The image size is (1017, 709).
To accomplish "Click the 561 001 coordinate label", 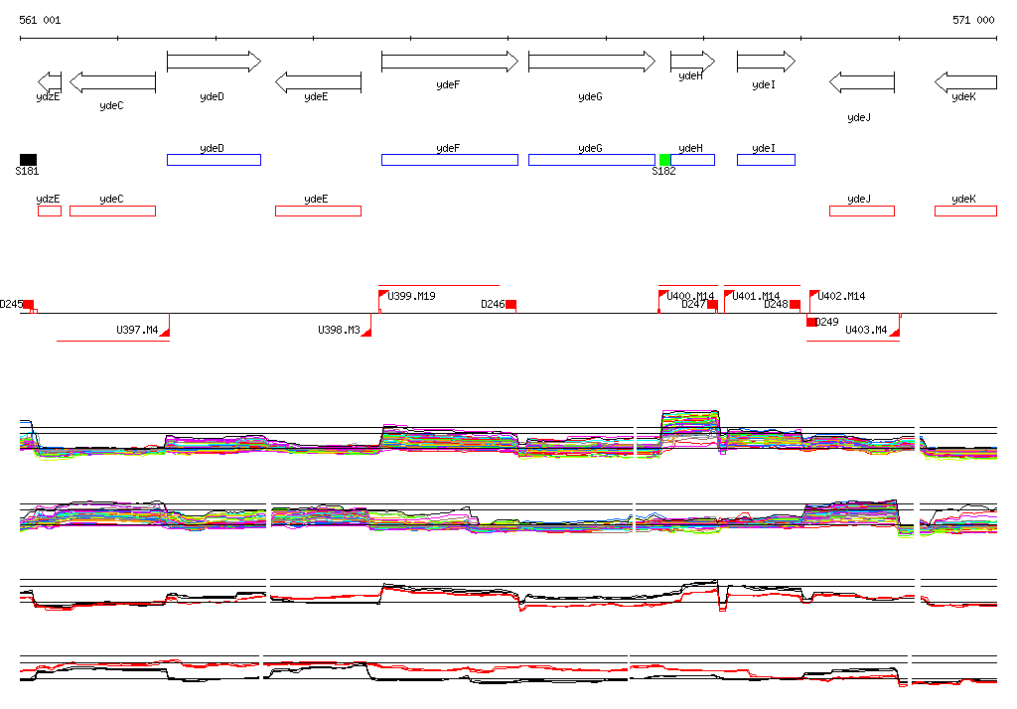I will (x=40, y=20).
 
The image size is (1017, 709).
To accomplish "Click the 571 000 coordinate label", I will (x=972, y=20).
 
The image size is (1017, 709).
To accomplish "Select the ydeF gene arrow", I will (x=449, y=62).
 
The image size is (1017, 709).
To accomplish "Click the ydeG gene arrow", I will (x=591, y=62).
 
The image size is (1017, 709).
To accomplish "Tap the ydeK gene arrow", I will (x=964, y=81).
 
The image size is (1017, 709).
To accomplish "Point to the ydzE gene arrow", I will (x=49, y=81).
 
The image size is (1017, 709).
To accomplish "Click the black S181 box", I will (x=28, y=160).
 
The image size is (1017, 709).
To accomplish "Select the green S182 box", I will (x=665, y=160).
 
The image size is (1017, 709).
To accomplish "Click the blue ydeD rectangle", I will (x=214, y=160).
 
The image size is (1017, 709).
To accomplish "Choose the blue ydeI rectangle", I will (x=766, y=160).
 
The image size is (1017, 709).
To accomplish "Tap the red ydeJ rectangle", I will (x=861, y=211).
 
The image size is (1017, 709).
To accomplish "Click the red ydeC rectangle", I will (x=112, y=211).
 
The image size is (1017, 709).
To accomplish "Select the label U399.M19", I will (x=411, y=296).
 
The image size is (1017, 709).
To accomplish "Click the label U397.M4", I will (x=137, y=330).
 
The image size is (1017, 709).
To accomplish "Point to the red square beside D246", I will (x=510, y=305).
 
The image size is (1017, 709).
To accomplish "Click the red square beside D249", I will (x=811, y=322).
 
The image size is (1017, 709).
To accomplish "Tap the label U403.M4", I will (x=865, y=330).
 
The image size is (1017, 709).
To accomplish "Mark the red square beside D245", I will (x=29, y=305).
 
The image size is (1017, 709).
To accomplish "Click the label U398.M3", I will (x=339, y=330).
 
